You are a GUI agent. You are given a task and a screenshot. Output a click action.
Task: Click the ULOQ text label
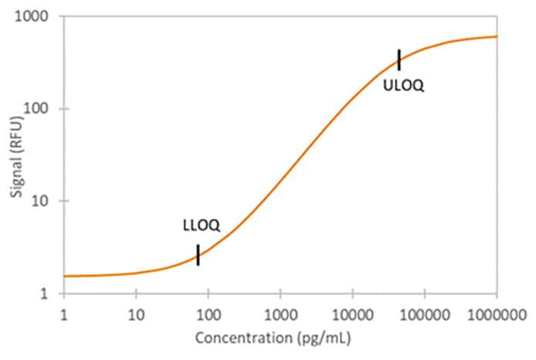tap(403, 86)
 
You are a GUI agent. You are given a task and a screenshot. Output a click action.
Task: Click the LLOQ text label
tap(202, 226)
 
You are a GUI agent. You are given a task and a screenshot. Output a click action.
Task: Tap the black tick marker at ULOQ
tap(399, 59)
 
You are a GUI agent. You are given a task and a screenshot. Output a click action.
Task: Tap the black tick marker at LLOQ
tap(198, 255)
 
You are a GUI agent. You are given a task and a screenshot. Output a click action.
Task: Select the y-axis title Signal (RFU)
tap(16, 155)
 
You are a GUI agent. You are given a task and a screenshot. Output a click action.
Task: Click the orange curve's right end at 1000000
tap(496, 36)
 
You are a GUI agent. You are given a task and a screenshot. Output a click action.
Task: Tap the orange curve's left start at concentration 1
tap(64, 276)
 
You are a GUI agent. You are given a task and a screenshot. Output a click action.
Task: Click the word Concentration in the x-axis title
tap(241, 338)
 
